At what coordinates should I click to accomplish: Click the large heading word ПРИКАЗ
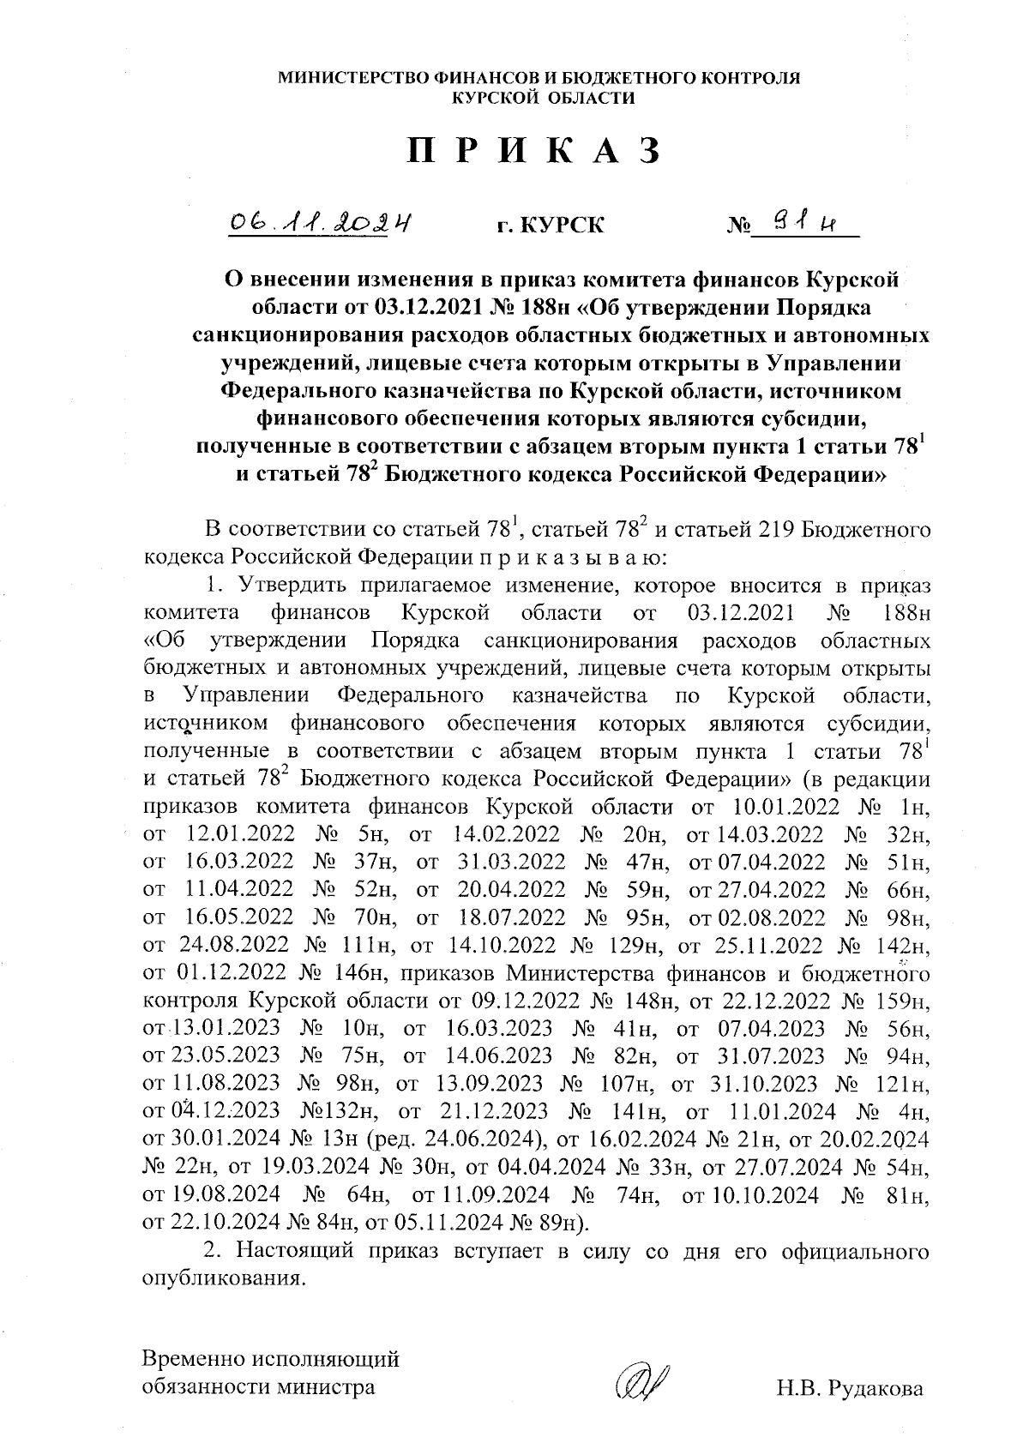pos(533,151)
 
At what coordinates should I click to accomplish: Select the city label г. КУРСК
pos(550,225)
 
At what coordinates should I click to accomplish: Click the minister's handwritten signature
pos(641,1382)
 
